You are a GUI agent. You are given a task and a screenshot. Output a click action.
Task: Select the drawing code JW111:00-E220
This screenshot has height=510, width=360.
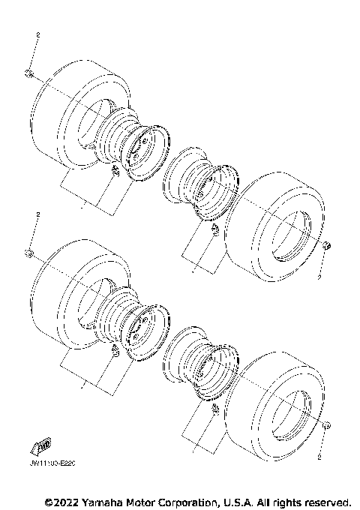coord(54,464)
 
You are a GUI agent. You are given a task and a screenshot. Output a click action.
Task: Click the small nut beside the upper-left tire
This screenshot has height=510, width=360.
coord(28,73)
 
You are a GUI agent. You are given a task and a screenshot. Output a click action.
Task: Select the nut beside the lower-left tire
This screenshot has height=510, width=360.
coord(28,251)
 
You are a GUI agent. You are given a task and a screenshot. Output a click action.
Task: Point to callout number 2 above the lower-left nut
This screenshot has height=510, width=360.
coord(37,215)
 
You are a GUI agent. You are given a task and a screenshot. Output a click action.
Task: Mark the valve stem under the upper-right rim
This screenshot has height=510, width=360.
coord(213,228)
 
